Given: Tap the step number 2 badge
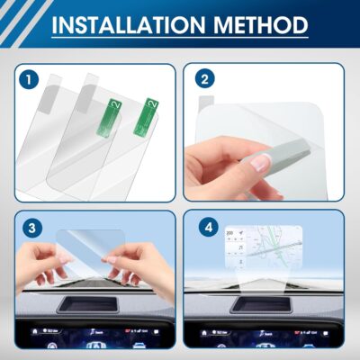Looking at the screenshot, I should tap(206, 80).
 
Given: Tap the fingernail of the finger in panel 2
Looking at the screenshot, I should tap(260, 163).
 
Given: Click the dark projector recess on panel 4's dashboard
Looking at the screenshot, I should tap(260, 304).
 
